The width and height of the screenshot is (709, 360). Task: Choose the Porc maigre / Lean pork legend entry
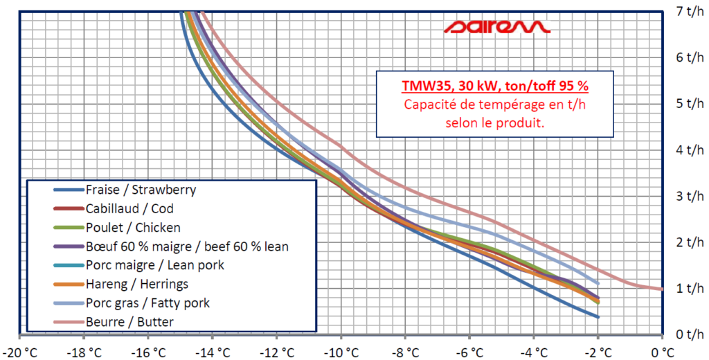click(155, 264)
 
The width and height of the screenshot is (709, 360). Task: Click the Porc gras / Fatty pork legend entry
click(147, 303)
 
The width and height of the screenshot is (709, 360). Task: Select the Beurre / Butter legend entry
click(129, 321)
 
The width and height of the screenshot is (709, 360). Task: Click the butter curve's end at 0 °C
click(661, 289)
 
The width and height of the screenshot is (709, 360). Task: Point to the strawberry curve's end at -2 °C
click(597, 316)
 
